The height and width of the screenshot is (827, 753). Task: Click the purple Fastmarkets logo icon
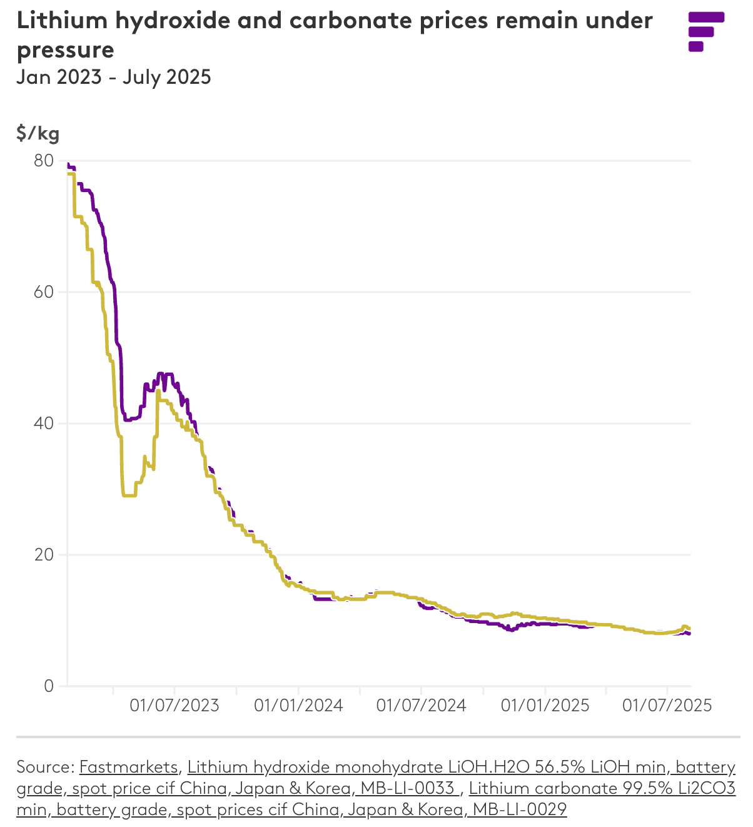(x=705, y=31)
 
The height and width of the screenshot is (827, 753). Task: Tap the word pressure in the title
(x=65, y=50)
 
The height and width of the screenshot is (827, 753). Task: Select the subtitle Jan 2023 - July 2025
(x=114, y=77)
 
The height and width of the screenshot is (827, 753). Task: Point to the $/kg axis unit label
(x=38, y=133)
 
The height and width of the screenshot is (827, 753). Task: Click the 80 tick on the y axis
(x=44, y=161)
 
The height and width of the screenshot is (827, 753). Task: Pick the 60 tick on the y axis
(x=44, y=292)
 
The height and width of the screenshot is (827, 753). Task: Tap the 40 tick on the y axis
(x=44, y=424)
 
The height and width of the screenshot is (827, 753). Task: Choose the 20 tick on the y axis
(x=44, y=555)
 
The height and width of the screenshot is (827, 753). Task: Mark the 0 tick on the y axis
(x=49, y=686)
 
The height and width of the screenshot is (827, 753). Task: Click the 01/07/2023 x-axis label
(x=174, y=706)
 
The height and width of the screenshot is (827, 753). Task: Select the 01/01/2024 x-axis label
(x=298, y=706)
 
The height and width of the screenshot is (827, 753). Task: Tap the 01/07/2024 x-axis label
(x=421, y=706)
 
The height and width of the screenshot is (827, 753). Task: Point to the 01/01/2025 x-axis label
(x=545, y=706)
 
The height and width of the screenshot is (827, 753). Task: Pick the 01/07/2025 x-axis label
(x=667, y=706)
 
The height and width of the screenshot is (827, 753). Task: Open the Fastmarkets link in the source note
(x=129, y=767)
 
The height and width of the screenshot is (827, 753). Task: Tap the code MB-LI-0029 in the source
(x=519, y=809)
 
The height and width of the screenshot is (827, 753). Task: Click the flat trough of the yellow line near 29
(x=129, y=495)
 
